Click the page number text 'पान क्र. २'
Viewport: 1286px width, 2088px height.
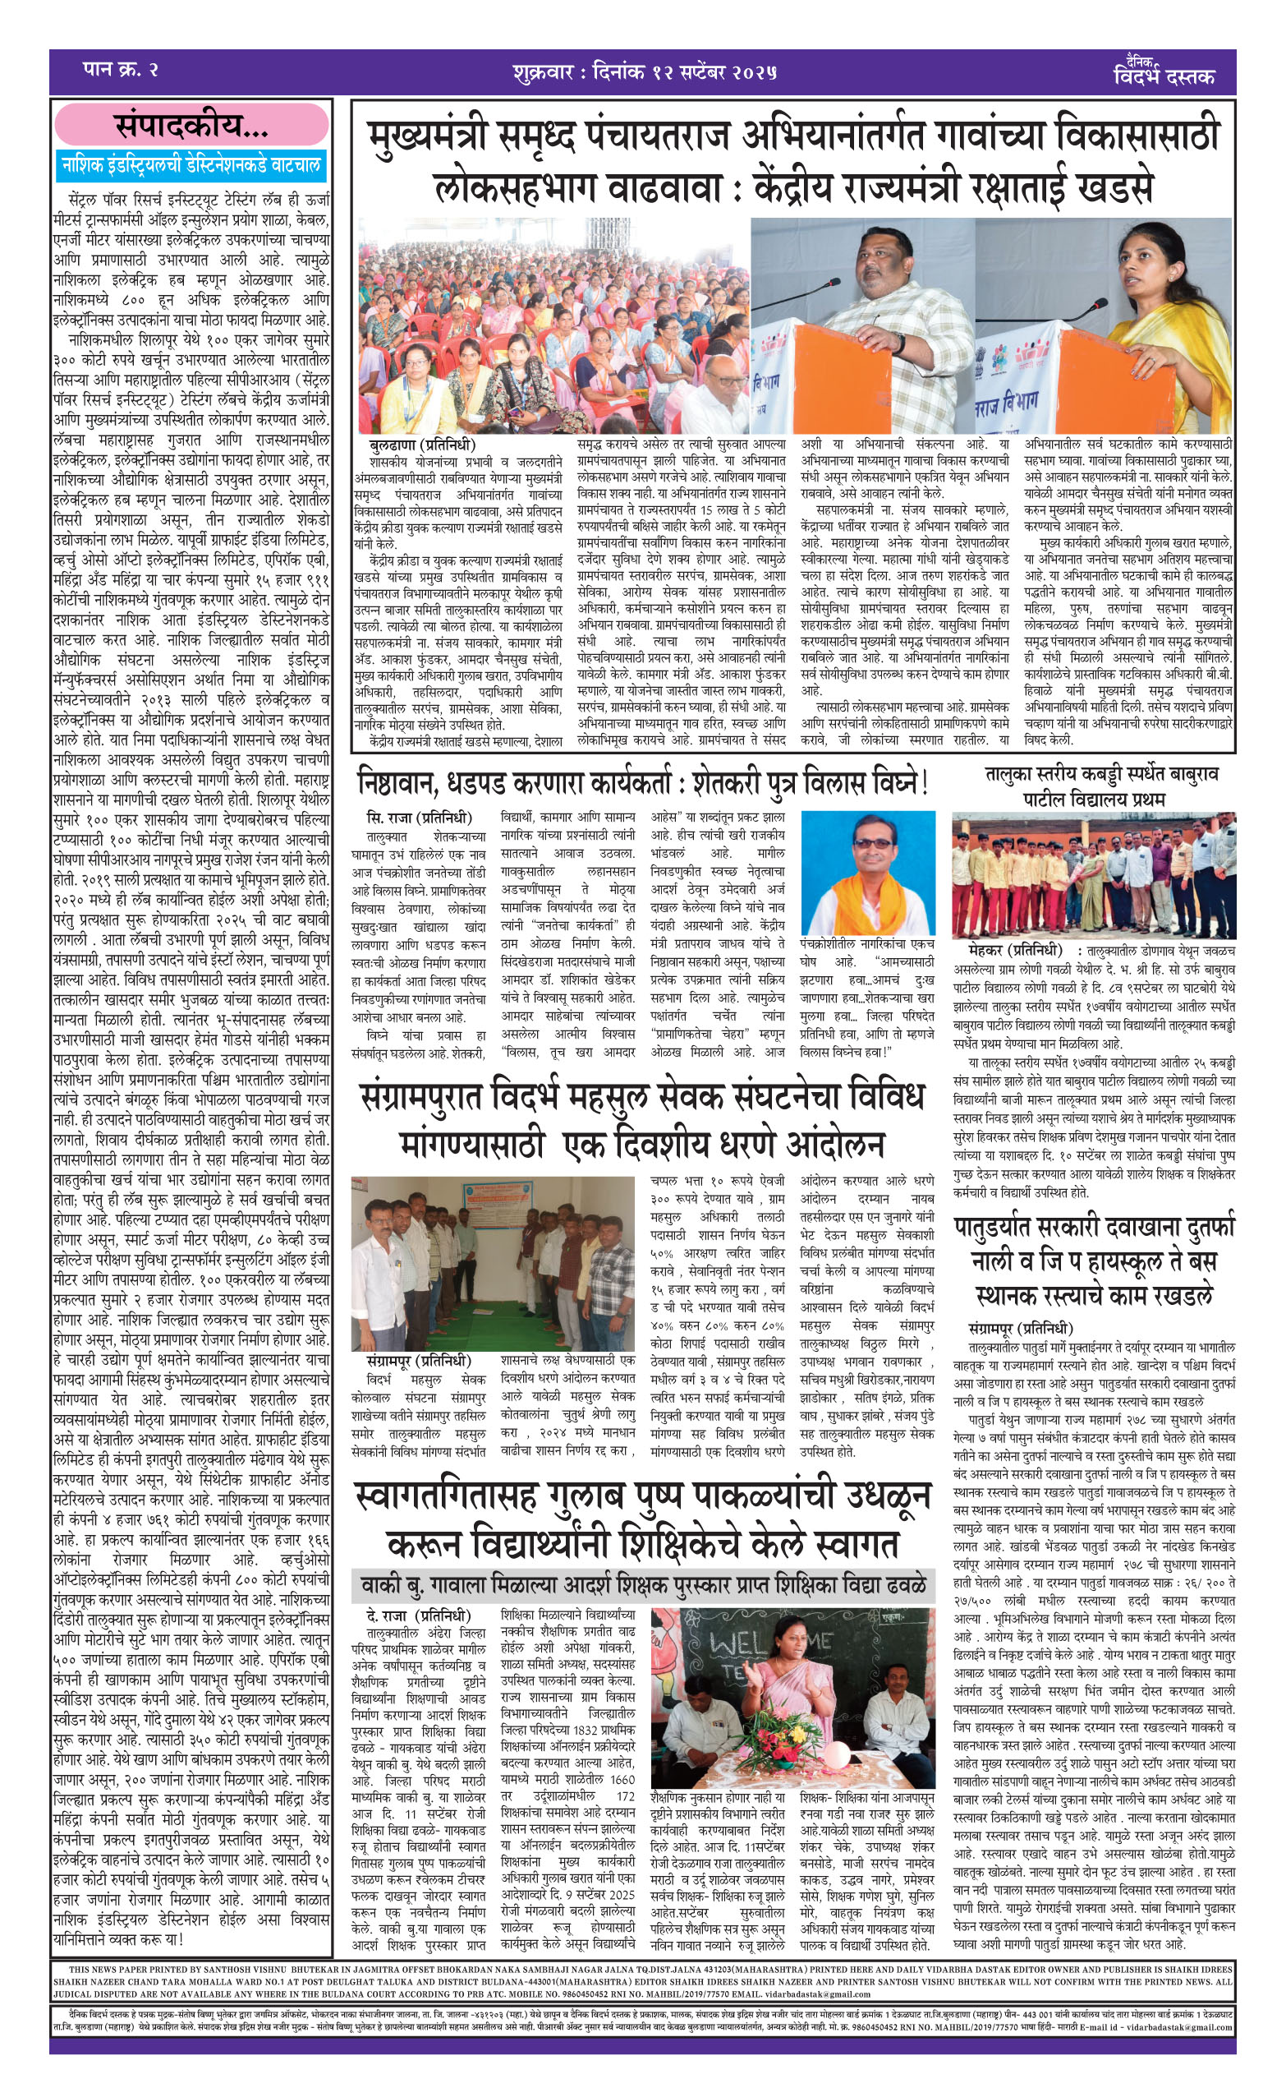click(x=120, y=70)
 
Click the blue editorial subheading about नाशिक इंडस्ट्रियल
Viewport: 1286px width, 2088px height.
click(x=191, y=166)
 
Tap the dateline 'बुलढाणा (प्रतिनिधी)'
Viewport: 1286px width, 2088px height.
click(x=423, y=445)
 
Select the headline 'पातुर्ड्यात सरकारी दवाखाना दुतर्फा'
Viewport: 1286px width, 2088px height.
click(x=1093, y=1229)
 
